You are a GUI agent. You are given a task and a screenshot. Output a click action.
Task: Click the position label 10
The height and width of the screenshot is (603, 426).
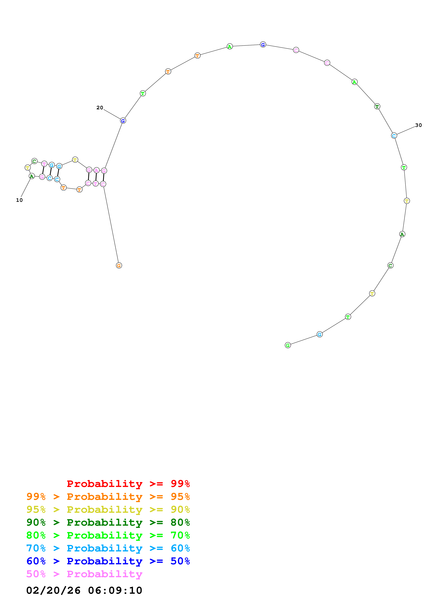tap(19, 200)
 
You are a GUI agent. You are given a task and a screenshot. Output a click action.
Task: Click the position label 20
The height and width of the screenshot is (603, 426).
tap(100, 108)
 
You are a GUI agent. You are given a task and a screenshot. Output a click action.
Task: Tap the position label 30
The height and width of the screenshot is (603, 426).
tap(418, 125)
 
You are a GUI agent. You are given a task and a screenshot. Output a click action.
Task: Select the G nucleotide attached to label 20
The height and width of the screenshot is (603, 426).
tap(123, 121)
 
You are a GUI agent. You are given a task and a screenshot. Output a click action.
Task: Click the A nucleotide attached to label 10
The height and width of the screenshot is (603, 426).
tap(32, 176)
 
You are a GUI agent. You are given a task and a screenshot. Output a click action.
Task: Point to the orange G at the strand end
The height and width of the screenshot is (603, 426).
tap(119, 266)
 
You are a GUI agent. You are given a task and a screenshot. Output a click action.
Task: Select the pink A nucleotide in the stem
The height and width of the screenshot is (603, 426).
tap(96, 171)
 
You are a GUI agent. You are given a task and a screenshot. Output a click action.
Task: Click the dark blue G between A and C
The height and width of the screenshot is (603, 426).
tap(263, 45)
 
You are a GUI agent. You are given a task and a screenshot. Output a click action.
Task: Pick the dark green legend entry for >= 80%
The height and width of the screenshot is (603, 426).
tap(108, 522)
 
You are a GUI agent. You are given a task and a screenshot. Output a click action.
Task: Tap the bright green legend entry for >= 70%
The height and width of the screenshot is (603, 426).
tap(108, 535)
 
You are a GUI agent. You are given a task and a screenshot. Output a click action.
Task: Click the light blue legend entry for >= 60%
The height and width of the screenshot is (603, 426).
tap(108, 548)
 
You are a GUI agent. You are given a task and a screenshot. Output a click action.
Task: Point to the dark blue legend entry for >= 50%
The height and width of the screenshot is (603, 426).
tap(108, 561)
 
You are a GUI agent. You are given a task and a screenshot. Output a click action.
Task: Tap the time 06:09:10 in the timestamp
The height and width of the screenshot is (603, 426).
tap(115, 590)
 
